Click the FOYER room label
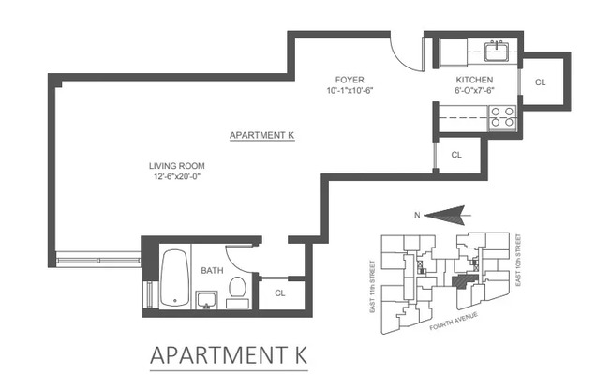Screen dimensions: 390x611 [x=350, y=81]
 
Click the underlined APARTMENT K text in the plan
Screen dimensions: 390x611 [x=262, y=136]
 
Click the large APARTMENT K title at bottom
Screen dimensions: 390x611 [x=229, y=357]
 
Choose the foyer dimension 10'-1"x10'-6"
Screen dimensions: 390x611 [x=350, y=92]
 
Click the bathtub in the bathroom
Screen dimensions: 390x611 [x=174, y=278]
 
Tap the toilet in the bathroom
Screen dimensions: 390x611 [x=238, y=291]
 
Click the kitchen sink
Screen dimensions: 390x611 [x=496, y=47]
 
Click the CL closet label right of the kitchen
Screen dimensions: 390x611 [x=541, y=82]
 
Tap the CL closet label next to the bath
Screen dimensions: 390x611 [x=280, y=292]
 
